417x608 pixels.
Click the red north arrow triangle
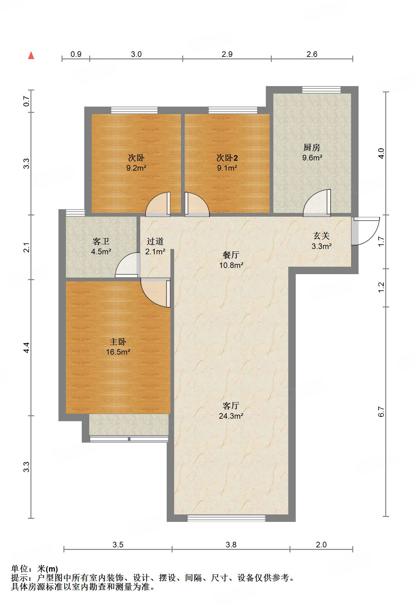(31, 56)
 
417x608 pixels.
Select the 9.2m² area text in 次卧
(136, 168)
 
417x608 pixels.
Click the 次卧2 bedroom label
(227, 158)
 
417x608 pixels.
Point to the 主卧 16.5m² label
(118, 347)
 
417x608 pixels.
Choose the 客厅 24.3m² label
(231, 411)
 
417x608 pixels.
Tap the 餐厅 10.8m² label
(231, 260)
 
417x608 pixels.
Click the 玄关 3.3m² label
(322, 241)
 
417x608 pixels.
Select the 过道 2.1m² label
(155, 246)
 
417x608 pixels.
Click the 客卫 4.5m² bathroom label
(101, 246)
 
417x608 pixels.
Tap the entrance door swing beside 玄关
(366, 231)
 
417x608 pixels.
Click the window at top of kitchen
(322, 90)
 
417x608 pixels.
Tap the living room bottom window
(226, 518)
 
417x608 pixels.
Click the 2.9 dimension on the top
(227, 54)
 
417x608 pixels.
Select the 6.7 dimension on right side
(381, 412)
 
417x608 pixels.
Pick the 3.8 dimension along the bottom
(231, 545)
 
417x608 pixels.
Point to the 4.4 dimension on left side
(27, 348)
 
